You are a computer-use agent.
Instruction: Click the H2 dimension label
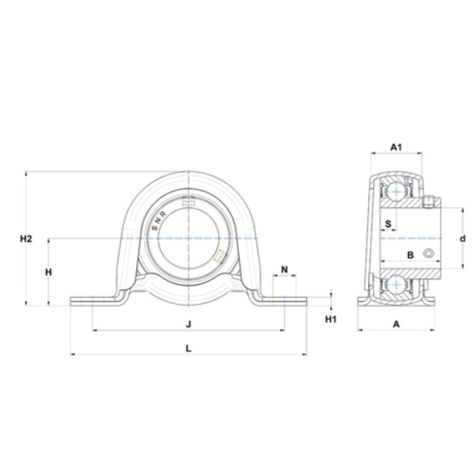[x=26, y=239]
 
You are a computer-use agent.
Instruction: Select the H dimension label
[x=48, y=272]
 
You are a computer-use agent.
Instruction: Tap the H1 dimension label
[x=330, y=319]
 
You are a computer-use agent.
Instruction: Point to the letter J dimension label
[x=189, y=325]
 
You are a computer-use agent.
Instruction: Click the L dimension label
[x=189, y=348]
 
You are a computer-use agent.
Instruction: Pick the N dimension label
[x=284, y=269]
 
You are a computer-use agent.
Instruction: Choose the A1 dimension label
[x=396, y=147]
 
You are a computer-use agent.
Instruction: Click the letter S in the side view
[x=388, y=224]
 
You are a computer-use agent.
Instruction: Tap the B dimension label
[x=410, y=255]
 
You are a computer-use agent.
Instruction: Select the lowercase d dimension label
[x=462, y=238]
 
